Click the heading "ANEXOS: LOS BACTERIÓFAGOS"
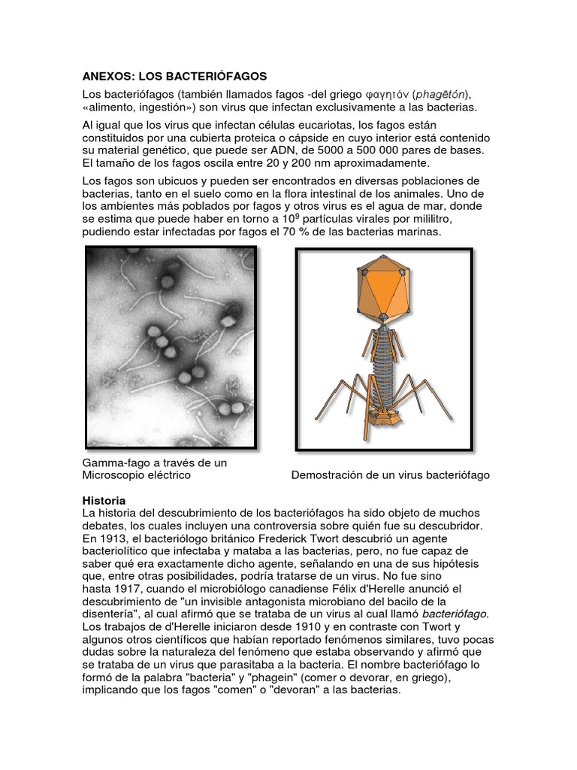(x=174, y=77)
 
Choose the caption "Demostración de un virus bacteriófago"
(x=390, y=476)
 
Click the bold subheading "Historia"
(x=103, y=500)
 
